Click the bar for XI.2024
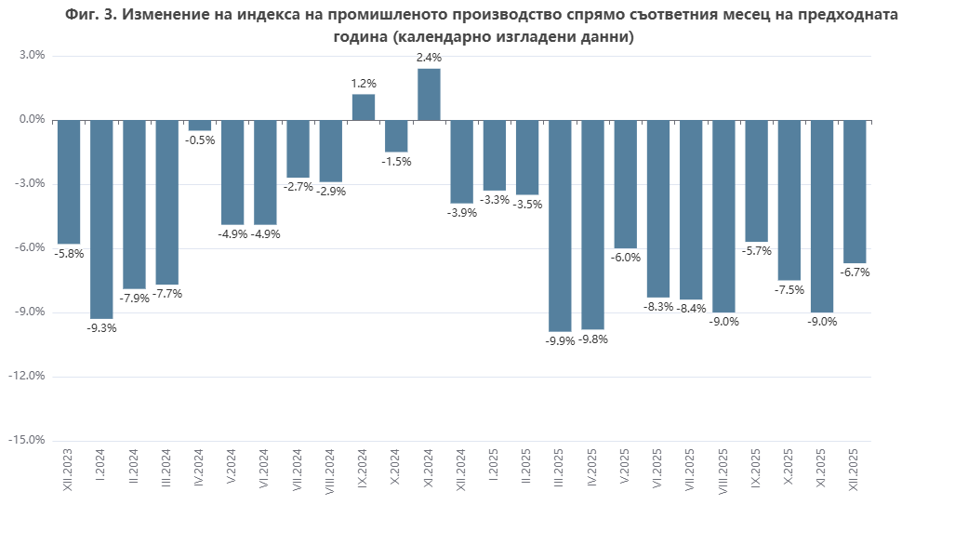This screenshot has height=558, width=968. point(429,95)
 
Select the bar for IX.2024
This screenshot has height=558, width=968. point(364,107)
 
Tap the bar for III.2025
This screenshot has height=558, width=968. point(560,225)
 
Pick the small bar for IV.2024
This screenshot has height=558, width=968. point(200,126)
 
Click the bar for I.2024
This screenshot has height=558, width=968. point(101,219)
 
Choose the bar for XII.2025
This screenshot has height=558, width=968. point(855,192)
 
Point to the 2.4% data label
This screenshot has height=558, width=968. point(429,58)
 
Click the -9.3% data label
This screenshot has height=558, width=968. point(101,328)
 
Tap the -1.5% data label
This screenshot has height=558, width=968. point(396,162)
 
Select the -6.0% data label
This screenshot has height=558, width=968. point(626,258)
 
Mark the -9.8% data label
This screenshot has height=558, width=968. point(593,339)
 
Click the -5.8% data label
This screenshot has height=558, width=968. point(69,253)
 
